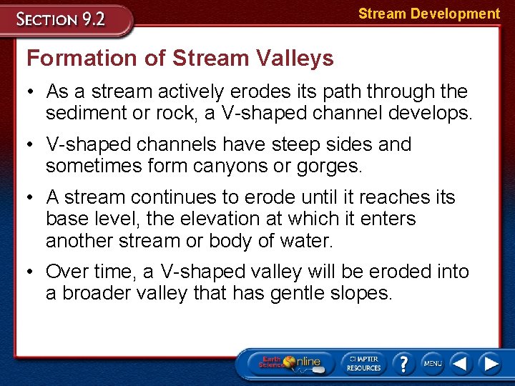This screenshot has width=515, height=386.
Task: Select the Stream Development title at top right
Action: (x=428, y=14)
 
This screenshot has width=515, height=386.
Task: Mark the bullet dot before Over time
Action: (x=31, y=272)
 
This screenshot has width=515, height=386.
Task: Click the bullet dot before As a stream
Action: (x=31, y=92)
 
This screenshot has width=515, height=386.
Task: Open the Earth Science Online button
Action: (x=290, y=362)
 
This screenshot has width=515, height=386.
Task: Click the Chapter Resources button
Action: (x=363, y=362)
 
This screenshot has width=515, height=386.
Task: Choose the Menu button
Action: (x=432, y=362)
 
